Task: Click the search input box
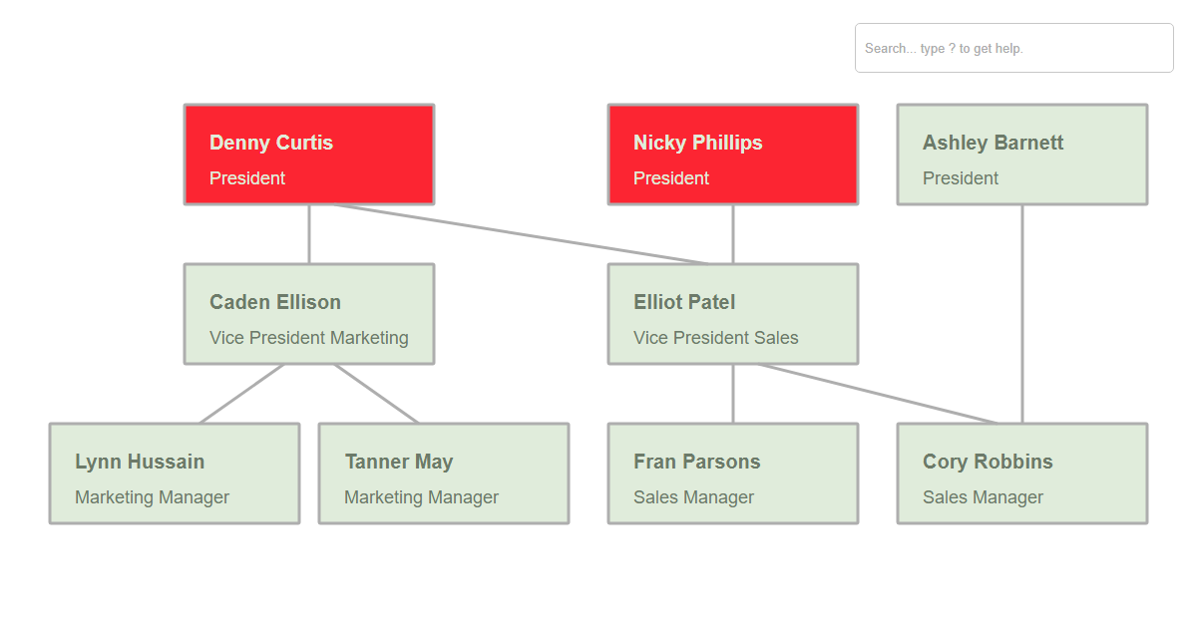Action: pos(1013,48)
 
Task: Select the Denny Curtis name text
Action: pos(271,143)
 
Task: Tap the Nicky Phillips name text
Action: pos(697,143)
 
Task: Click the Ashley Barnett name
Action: pos(993,143)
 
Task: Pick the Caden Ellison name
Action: pos(275,302)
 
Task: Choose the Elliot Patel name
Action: pos(684,302)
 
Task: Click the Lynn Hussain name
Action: pos(140,462)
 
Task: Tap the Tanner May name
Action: pos(399,462)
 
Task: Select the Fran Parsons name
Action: pos(697,462)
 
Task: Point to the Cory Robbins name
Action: pos(988,462)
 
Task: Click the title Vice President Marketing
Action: pos(309,338)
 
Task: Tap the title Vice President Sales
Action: pos(715,338)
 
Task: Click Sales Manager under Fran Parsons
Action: pos(693,497)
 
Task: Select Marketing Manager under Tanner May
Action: pos(421,497)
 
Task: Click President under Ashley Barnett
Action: pos(961,177)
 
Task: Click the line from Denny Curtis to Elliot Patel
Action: pos(521,234)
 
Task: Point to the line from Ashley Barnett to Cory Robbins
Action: pos(1022,314)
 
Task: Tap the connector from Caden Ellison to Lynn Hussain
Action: pos(241,394)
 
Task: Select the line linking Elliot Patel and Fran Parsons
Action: pos(733,394)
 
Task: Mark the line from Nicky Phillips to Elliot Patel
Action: pos(733,234)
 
